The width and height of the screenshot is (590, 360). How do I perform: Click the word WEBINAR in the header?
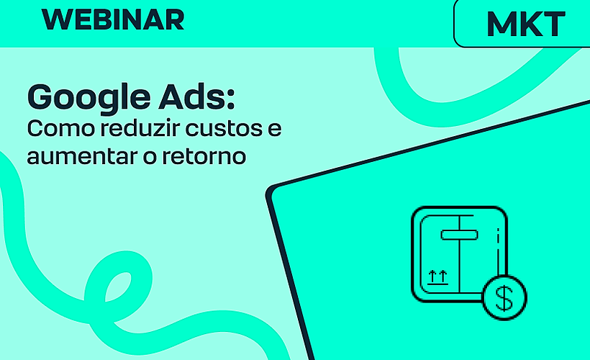pyautogui.click(x=114, y=19)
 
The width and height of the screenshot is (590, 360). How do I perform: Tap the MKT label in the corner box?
pyautogui.click(x=526, y=24)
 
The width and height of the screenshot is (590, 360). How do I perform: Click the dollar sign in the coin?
pyautogui.click(x=504, y=298)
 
